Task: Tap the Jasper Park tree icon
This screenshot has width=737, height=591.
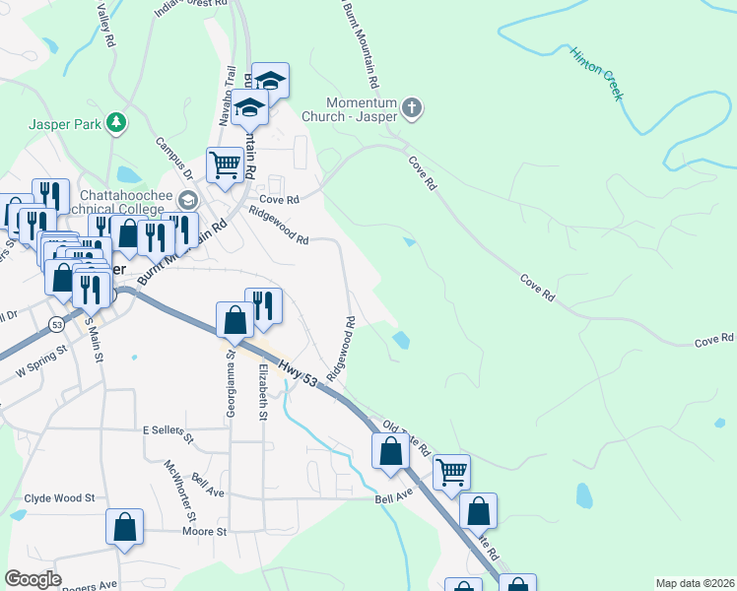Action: [x=117, y=122]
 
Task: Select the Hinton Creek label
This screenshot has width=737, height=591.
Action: [x=597, y=72]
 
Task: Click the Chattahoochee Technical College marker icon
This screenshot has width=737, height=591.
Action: [x=188, y=200]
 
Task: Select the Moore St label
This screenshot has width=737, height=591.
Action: [x=205, y=532]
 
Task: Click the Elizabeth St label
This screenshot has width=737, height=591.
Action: [x=263, y=392]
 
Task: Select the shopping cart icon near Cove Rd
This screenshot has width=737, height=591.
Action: [x=225, y=165]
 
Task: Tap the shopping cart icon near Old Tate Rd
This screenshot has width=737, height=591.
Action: [x=451, y=472]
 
